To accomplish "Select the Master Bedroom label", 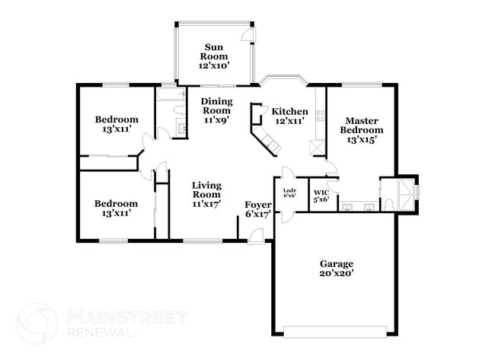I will tap(362, 130).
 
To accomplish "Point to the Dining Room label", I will tap(216, 110).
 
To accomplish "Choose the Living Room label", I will tap(206, 194).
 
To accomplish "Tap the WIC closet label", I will tap(321, 195).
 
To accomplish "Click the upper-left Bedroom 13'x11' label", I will tap(117, 124).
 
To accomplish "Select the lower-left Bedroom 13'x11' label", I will tap(117, 208).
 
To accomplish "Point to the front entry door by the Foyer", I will tap(257, 237).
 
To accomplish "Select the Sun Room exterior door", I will tap(247, 36).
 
